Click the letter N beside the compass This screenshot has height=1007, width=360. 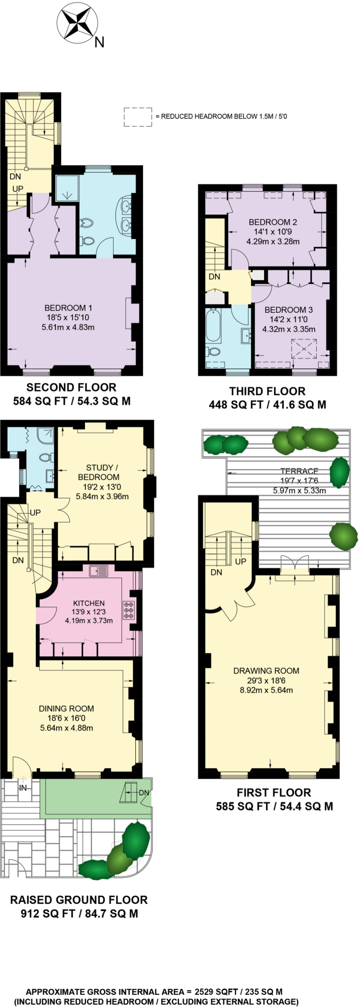[x=99, y=42]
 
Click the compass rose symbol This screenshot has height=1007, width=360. [x=77, y=23]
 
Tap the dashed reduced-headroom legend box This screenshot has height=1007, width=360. [x=138, y=117]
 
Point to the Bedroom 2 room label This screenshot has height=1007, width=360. [x=272, y=222]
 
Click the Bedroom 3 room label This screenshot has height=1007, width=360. [x=289, y=310]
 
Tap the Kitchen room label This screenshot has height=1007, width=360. [x=89, y=603]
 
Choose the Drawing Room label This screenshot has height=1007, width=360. [x=266, y=671]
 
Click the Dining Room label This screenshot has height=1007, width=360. [x=66, y=709]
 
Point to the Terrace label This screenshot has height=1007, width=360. [x=299, y=471]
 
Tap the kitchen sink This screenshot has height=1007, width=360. [x=99, y=571]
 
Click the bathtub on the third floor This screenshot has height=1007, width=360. [x=213, y=325]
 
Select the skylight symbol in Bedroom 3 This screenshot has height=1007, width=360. [x=304, y=349]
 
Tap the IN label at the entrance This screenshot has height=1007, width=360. [x=23, y=788]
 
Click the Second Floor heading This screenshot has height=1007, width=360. [x=71, y=387]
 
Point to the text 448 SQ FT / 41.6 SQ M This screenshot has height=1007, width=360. [x=268, y=405]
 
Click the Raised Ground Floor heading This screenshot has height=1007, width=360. [x=79, y=900]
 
